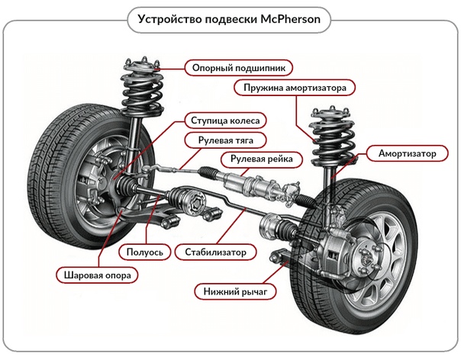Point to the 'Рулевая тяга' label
click(226, 140)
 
